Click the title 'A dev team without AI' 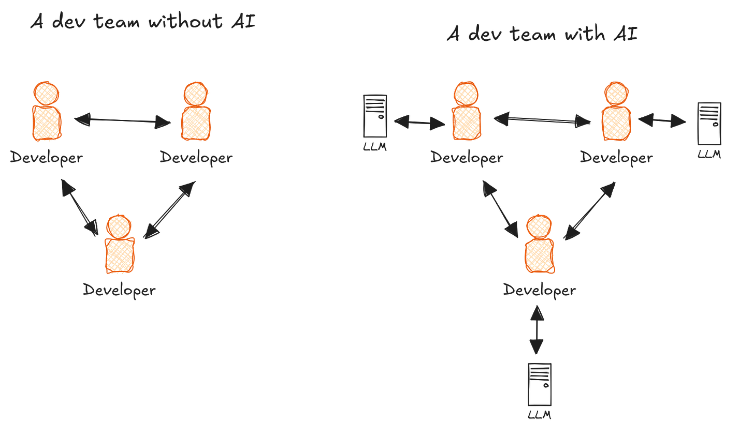tap(143, 22)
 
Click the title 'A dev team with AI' tap(542, 35)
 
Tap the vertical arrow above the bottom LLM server tap(536, 330)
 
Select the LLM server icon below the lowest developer tap(539, 384)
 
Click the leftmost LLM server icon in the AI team tap(375, 116)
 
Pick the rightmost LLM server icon tap(709, 124)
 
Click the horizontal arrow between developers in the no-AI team tap(122, 121)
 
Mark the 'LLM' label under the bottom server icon tap(539, 415)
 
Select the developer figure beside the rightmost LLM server tap(616, 112)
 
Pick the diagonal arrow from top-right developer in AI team tap(589, 211)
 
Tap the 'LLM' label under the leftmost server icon tap(374, 147)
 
